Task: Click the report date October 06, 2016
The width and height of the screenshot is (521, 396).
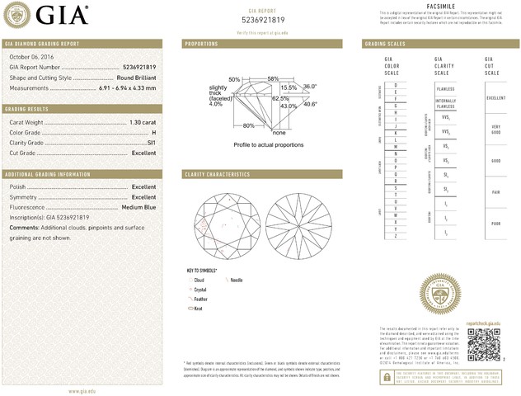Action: (x=31, y=56)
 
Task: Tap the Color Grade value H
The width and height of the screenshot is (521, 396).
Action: (x=153, y=133)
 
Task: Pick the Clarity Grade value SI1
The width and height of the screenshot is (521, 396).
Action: (x=151, y=143)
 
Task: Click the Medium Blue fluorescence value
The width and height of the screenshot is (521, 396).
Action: (x=139, y=207)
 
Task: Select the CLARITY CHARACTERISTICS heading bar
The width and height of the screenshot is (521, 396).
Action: (x=217, y=175)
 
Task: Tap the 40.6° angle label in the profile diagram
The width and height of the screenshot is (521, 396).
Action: (x=310, y=104)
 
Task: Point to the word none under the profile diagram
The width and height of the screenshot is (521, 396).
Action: (x=279, y=132)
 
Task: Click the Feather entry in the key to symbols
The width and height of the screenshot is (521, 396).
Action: (x=199, y=299)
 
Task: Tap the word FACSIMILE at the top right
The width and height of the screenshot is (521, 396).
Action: (x=443, y=6)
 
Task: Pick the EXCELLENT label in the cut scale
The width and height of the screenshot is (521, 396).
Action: (x=495, y=97)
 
